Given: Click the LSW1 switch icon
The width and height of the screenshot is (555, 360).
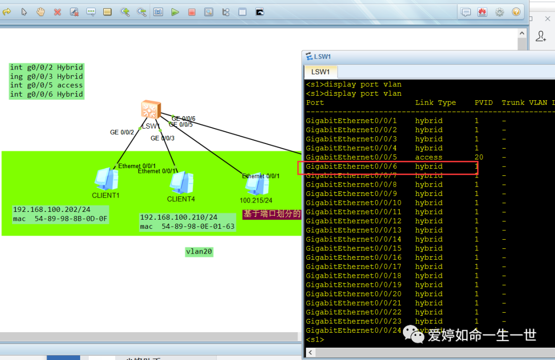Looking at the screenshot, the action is point(151,110).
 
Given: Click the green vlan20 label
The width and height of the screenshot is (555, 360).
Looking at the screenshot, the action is point(199,252).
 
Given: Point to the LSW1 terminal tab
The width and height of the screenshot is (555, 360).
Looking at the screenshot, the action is point(321,72).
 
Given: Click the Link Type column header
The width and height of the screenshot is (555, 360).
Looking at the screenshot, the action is point(435,103).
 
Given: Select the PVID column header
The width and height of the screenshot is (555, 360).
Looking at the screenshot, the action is point(484,103).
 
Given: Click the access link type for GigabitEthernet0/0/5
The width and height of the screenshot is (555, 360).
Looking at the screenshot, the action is point(429,157).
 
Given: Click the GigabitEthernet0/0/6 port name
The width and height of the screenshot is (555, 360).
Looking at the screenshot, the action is point(351,167).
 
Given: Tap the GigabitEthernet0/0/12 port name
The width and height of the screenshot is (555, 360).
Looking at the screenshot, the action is point(354,221).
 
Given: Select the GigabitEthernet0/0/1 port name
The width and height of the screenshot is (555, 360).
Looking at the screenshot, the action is point(351,121).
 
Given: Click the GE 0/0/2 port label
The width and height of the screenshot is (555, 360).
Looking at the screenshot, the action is point(122,133).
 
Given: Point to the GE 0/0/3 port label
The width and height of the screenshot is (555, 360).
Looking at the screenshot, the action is point(162,138).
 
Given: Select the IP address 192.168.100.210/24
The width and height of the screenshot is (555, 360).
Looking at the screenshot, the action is point(179,218).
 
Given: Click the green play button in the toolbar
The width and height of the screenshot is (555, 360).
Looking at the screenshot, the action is point(175,12).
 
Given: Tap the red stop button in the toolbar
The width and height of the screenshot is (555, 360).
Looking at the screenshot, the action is point(192,12).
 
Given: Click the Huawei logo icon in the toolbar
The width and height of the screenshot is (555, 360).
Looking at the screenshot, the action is point(483,12).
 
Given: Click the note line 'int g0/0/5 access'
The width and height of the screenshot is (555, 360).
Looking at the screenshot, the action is point(46,85).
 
